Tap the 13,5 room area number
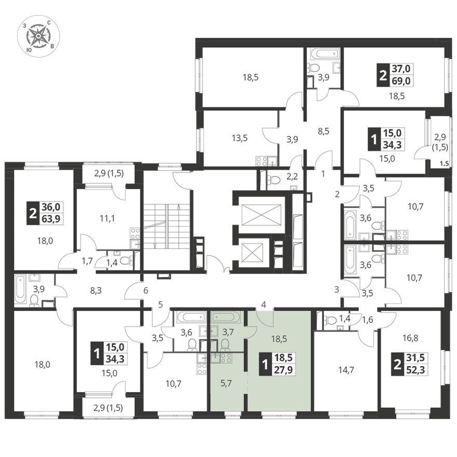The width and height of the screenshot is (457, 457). click(x=240, y=138)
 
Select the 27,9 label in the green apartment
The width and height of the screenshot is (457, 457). click(x=284, y=370)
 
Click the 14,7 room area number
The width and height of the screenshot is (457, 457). click(x=346, y=370)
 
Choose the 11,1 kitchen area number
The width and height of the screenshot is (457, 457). click(x=107, y=218)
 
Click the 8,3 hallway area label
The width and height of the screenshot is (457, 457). click(x=96, y=290)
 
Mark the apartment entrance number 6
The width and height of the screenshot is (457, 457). click(x=146, y=290)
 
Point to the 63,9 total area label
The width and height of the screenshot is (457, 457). click(x=51, y=219)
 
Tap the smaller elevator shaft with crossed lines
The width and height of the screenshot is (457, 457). click(x=252, y=252)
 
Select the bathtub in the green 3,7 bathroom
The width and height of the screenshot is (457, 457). click(x=226, y=316)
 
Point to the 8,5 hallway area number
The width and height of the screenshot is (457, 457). click(x=324, y=131)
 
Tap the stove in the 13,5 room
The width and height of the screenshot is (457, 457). click(x=261, y=161)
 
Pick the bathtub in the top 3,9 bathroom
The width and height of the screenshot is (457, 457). click(x=325, y=54)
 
